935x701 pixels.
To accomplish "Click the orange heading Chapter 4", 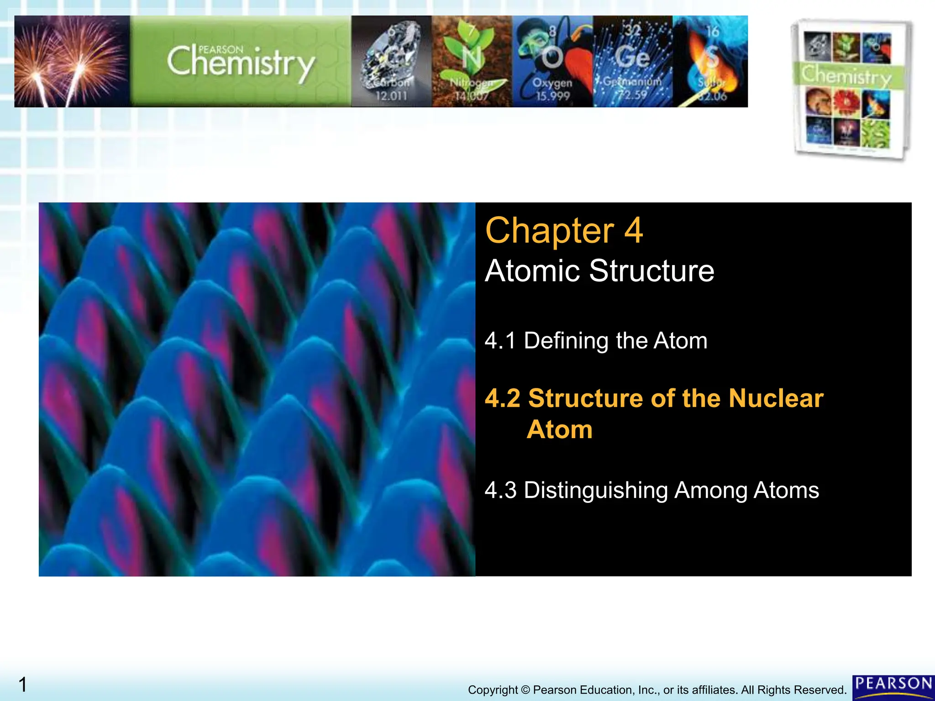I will point(564,231).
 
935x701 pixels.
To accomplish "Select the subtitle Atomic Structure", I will point(599,271).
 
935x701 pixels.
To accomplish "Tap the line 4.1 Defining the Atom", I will point(596,341).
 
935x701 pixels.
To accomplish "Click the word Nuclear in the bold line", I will point(776,398).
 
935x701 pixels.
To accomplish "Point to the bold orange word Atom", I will point(560,430).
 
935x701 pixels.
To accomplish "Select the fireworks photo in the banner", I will point(72,62).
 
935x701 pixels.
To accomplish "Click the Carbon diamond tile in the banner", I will point(391,62).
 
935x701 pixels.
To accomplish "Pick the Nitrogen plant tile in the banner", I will point(472,62).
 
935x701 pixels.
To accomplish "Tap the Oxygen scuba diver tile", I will point(552,62).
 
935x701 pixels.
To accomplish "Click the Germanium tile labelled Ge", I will point(633,62).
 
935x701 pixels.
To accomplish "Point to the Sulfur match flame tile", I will point(710,62).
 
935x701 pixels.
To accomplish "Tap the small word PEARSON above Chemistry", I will point(221,50).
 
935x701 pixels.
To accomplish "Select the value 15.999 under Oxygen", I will point(552,96).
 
